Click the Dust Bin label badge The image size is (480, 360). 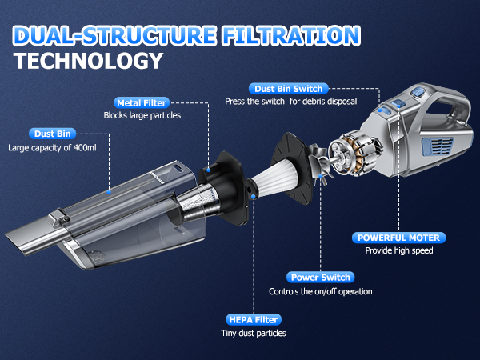click(52, 134)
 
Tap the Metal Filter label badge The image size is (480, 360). click(142, 103)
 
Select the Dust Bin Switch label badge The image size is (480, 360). click(288, 89)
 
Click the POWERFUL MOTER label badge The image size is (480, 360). click(398, 238)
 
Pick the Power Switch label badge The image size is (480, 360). click(320, 278)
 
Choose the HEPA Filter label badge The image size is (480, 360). click(254, 320)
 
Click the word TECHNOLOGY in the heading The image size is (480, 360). click(88, 61)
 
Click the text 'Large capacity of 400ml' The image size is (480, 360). click(52, 148)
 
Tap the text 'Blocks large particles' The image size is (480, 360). click(142, 115)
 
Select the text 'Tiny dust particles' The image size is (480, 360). click(254, 333)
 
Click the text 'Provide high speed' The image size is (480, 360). click(399, 250)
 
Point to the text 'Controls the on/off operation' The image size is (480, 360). click(321, 291)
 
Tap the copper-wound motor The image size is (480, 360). click(355, 153)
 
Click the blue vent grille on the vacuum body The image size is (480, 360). click(438, 146)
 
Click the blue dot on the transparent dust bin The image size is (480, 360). click(109, 192)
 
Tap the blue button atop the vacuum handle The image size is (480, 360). click(418, 91)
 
